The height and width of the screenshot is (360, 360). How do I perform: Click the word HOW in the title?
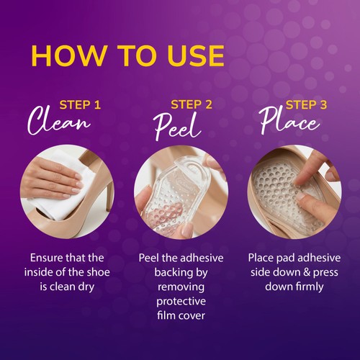click(x=68, y=55)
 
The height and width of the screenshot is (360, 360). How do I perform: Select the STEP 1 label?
click(x=80, y=105)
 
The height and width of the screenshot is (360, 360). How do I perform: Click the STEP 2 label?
click(x=192, y=104)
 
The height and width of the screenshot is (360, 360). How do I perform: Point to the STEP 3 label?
click(x=306, y=105)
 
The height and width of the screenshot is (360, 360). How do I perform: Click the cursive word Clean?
click(x=59, y=121)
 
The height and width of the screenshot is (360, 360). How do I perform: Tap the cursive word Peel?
click(x=177, y=127)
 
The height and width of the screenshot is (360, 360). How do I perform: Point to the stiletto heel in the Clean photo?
click(x=110, y=192)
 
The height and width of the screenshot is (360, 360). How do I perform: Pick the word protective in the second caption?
click(x=181, y=302)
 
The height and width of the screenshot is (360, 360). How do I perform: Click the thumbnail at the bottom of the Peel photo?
click(x=187, y=228)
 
